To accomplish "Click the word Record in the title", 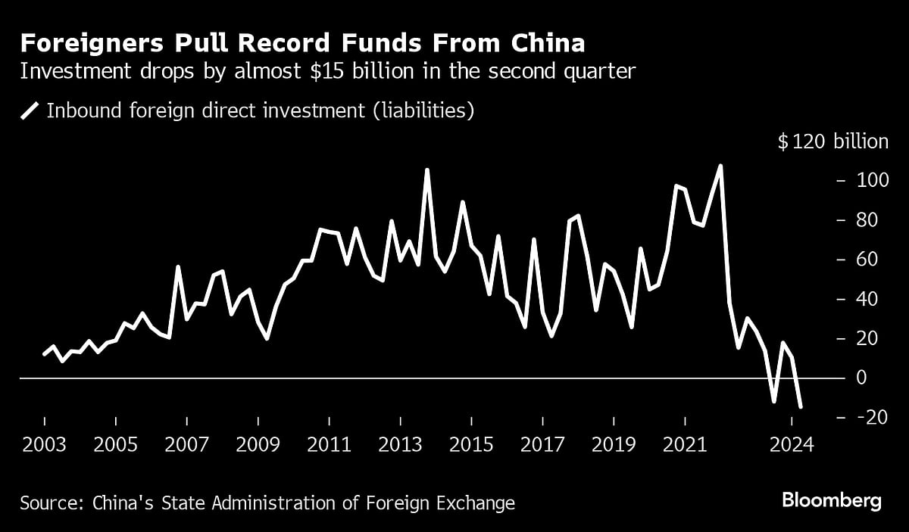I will coord(282,43).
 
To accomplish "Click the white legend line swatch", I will coord(30,111).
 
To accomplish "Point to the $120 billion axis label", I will coord(832,142).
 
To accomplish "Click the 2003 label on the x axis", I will coord(44,445).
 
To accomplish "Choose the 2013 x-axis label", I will coord(400,445).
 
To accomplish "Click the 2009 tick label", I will coord(258,445).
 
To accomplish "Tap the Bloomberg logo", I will coord(832,500).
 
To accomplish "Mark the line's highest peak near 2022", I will coord(720,166).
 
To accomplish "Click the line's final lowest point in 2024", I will coord(801,407).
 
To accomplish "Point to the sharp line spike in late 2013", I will coord(426,170).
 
